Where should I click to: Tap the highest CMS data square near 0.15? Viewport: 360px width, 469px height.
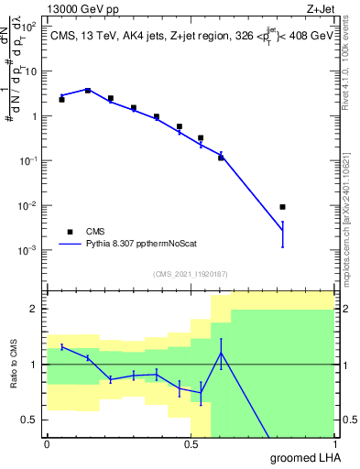tap(88, 90)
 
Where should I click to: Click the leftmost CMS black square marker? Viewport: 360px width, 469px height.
tap(61, 99)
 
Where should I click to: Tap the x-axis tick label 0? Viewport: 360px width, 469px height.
tap(47, 444)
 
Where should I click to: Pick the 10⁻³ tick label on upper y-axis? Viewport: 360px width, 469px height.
tap(28, 250)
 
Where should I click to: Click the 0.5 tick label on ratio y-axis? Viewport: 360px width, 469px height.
tap(29, 420)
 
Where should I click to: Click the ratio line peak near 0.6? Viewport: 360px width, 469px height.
tap(221, 353)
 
